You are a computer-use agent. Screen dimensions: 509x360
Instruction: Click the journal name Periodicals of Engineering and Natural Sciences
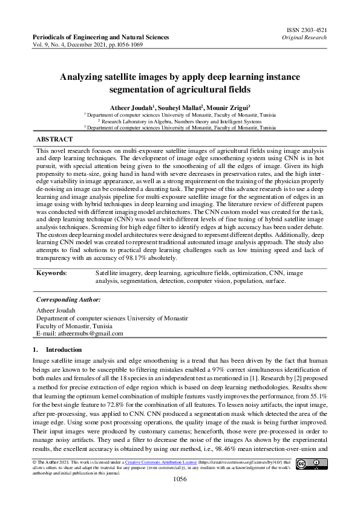(x=100, y=37)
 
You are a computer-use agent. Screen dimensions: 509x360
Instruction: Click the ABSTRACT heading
(x=55, y=139)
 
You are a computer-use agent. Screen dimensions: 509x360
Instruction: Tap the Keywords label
(x=51, y=273)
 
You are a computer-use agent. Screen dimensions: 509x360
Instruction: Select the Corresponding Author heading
(x=68, y=299)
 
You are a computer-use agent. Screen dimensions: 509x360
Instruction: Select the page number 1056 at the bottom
(x=180, y=479)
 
